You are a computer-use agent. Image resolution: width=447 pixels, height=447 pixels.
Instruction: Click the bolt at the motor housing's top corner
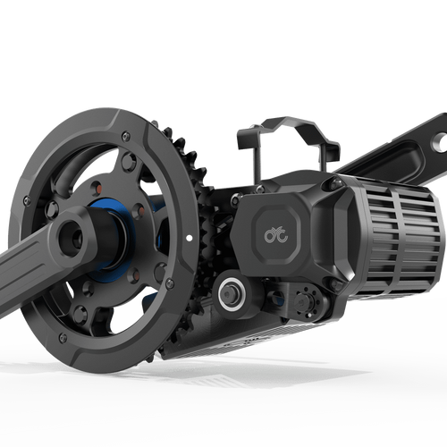(x=335, y=184)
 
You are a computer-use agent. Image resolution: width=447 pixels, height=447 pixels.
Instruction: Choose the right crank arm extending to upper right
(x=393, y=156)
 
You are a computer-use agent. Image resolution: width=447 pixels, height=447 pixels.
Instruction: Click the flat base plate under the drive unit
(x=250, y=335)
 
